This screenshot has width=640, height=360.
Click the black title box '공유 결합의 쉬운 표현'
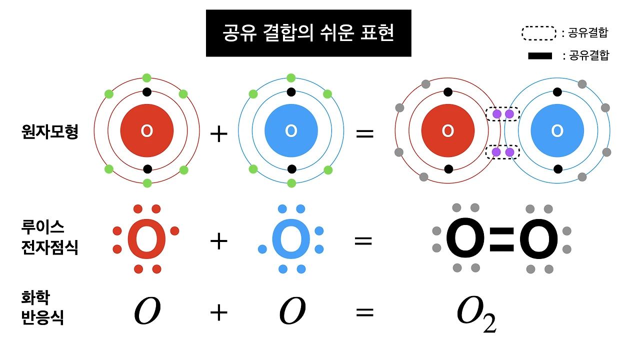(x=308, y=33)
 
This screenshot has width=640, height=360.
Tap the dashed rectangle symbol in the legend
(x=539, y=33)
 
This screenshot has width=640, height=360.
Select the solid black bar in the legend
(x=540, y=56)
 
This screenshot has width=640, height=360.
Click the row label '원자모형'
(x=50, y=131)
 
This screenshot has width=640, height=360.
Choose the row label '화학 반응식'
(x=42, y=308)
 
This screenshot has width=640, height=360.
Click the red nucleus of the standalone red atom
(x=147, y=131)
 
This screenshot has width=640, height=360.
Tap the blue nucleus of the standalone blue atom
(x=291, y=131)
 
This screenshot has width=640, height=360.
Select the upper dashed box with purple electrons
(x=503, y=114)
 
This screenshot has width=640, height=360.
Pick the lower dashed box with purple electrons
(x=503, y=151)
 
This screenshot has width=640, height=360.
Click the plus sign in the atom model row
(x=218, y=134)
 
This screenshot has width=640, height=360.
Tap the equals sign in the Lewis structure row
(x=363, y=241)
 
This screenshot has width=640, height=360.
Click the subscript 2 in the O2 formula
(x=489, y=323)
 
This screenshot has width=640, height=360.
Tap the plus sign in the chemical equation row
(x=218, y=313)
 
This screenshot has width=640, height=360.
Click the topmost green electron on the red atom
(x=146, y=77)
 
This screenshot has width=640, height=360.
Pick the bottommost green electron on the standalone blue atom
(x=291, y=183)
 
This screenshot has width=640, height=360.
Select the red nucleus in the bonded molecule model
(x=448, y=131)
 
